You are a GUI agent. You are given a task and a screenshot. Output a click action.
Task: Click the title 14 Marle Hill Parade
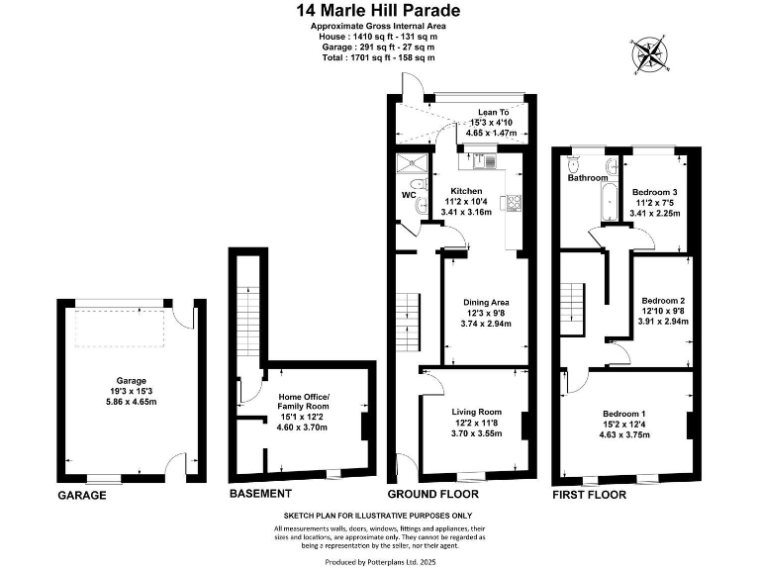coord(379,11)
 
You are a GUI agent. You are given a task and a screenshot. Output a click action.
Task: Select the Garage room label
coord(131,380)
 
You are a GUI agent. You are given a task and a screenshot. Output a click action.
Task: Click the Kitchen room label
coord(466,191)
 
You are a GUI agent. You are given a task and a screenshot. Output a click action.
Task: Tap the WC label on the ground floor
coord(408,195)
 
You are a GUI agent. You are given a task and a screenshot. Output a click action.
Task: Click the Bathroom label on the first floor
coord(587,178)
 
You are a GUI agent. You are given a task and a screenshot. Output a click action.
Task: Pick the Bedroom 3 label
coord(655,191)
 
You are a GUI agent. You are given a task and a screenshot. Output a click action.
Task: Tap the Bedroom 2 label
coord(663,300)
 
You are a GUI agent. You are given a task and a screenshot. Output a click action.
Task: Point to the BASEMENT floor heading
coord(260,494)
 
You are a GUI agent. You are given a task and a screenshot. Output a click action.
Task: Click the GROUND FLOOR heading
coord(432,494)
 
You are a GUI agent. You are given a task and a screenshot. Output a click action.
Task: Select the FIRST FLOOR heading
coord(590,494)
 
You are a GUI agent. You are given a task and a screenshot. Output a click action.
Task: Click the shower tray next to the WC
coord(407,164)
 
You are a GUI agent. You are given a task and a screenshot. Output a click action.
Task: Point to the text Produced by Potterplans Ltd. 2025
coord(379,561)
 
